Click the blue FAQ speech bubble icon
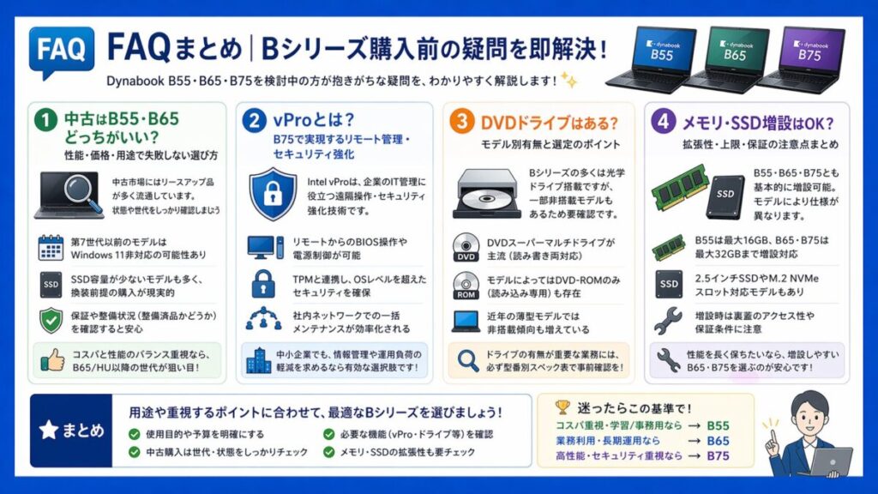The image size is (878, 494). [61, 51]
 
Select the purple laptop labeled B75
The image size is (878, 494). [808, 58]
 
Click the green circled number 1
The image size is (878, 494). [47, 121]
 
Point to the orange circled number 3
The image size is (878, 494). [463, 121]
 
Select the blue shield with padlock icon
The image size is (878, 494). [274, 194]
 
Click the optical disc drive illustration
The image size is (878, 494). [486, 193]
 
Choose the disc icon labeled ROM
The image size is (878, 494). [466, 286]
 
